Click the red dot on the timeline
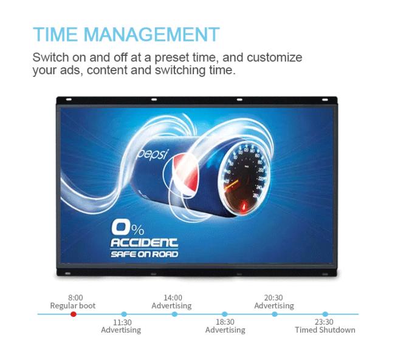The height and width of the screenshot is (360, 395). point(74,314)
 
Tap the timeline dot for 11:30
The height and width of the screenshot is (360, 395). point(124,314)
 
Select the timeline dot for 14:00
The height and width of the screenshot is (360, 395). point(174,314)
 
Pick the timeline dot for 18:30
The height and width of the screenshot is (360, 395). point(224,314)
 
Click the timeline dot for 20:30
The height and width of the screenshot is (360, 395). point(275,314)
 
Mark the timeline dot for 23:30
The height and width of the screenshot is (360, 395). point(325,314)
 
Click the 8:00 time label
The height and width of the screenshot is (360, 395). point(75,297)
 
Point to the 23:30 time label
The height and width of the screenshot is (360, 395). point(324,322)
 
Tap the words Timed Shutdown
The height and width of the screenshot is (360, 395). point(325,330)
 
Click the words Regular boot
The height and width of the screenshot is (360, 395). point(73,305)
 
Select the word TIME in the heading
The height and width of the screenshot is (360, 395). point(55,34)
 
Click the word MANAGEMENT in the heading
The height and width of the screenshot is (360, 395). point(151,34)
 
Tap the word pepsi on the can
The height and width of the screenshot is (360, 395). point(152,154)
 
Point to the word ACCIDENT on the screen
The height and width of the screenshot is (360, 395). point(144,243)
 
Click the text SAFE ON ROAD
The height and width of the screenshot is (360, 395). point(144,254)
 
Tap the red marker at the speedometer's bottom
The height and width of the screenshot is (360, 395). point(244,206)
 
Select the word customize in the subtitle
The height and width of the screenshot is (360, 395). point(274,58)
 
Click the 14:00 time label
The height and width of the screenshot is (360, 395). point(173,297)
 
